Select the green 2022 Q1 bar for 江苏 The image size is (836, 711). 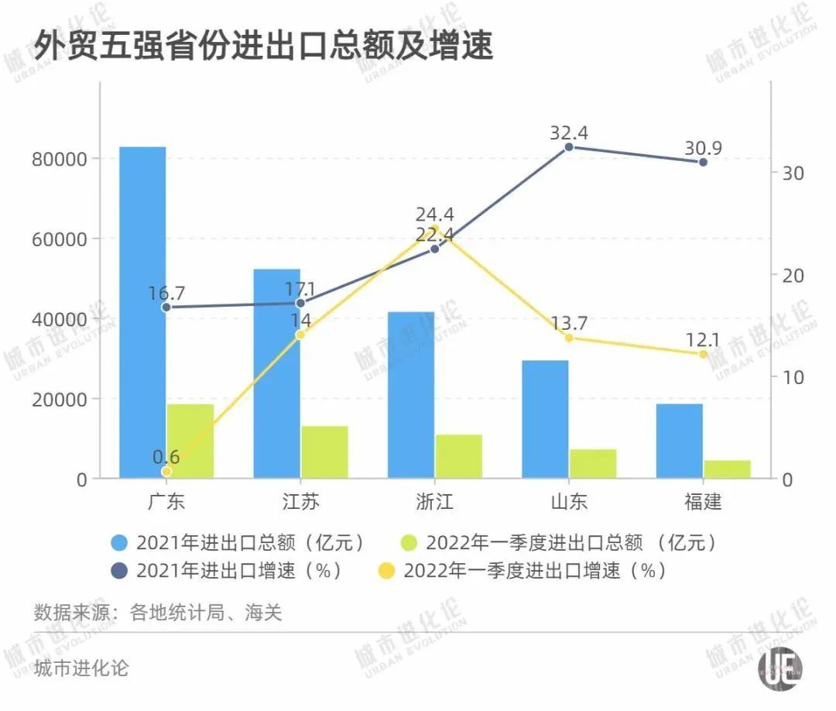click(324, 452)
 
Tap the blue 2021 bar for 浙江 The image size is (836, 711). click(411, 395)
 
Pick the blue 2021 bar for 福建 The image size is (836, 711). click(680, 441)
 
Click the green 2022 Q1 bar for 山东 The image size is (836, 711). click(593, 464)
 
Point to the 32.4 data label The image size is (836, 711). click(569, 133)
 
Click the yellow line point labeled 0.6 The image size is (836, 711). click(166, 472)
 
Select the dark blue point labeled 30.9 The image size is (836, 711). click(703, 162)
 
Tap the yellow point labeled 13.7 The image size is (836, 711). click(569, 338)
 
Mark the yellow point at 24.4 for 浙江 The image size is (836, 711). click(435, 228)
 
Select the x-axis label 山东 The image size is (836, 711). click(569, 502)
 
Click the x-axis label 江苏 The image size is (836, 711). click(300, 502)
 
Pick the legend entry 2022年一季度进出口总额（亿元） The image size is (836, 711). click(560, 542)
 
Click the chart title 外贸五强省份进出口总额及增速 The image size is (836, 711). click(263, 45)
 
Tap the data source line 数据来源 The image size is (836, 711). click(158, 613)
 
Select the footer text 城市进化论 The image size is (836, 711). click(81, 668)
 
